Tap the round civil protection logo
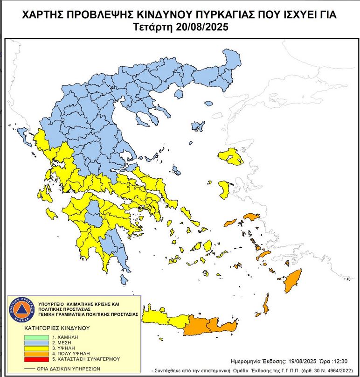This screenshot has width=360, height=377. (x=21, y=309)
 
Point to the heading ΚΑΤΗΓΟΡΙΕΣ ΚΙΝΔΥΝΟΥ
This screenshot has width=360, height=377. (x=56, y=328)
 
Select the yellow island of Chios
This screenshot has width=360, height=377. (x=224, y=188)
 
